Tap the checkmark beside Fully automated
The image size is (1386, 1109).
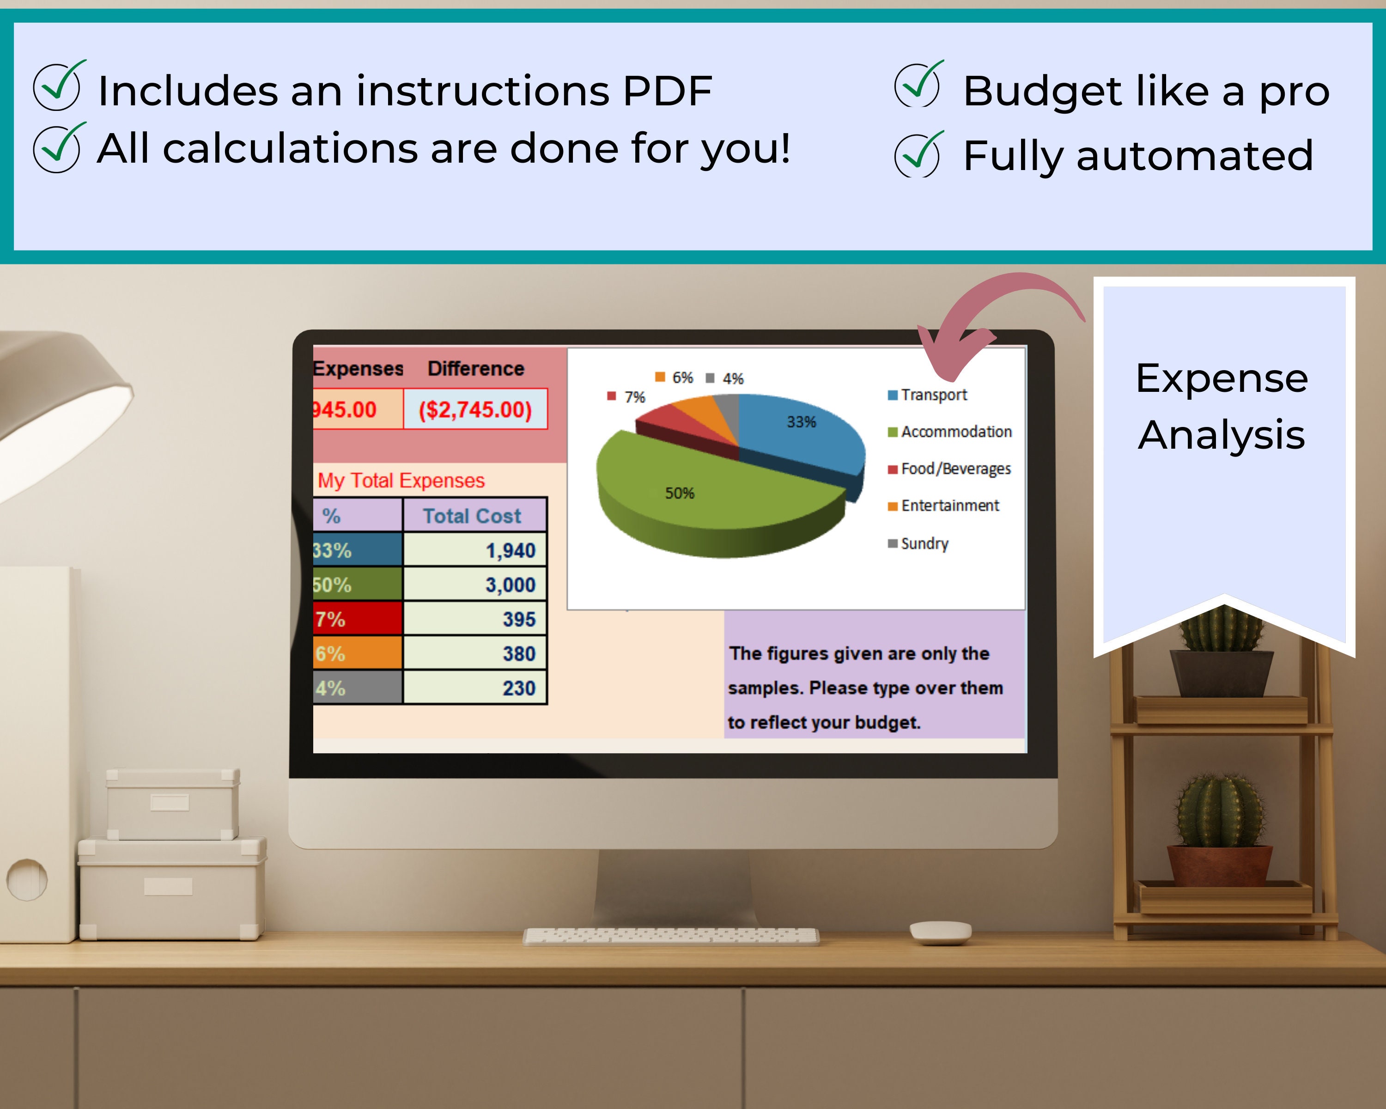918,156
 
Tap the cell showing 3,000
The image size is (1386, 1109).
475,585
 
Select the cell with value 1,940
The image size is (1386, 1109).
475,550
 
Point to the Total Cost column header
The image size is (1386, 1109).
473,516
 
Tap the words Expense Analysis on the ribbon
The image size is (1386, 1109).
1222,406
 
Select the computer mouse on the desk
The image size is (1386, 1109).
940,932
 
